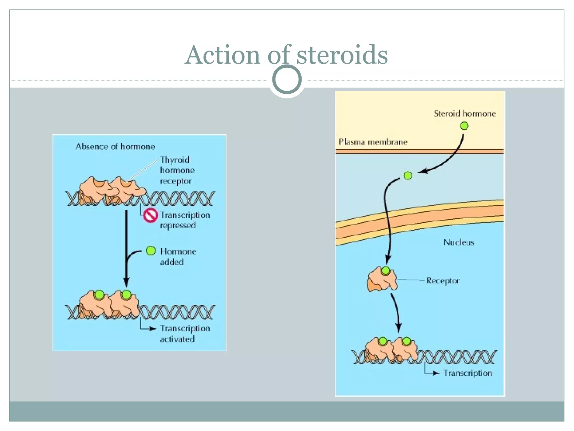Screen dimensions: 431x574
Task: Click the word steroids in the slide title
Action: (342, 55)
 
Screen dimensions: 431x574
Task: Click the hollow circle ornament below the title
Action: (287, 79)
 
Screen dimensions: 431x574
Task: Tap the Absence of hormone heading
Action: (115, 146)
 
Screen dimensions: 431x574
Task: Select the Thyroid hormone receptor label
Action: (177, 170)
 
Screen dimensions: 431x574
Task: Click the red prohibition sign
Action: (151, 215)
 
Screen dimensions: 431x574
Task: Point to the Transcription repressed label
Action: (185, 220)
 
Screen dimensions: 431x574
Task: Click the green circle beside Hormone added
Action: (151, 251)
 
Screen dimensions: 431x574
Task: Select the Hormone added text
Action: (178, 256)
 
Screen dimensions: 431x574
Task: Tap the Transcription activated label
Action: (185, 334)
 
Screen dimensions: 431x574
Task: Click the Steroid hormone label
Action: (465, 113)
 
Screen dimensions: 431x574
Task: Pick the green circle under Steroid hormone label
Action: (464, 126)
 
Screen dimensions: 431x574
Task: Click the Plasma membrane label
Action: (373, 142)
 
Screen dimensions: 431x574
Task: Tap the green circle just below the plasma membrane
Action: (408, 176)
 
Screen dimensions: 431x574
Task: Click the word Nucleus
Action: (459, 242)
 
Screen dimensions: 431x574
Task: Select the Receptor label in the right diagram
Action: (443, 281)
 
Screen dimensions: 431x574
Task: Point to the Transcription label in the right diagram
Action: (467, 373)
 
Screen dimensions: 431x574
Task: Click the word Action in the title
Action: (223, 55)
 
